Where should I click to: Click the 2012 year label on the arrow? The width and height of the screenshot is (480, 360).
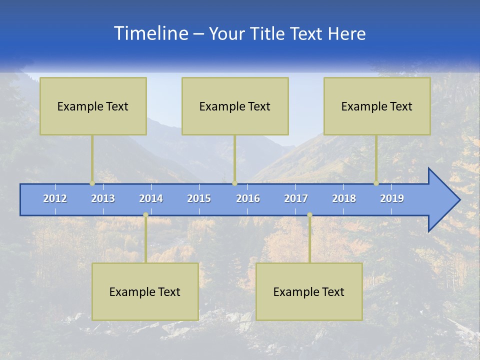click(x=55, y=198)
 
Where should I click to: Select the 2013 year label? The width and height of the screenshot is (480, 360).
click(x=103, y=198)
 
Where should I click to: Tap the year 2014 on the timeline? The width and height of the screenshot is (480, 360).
click(x=151, y=198)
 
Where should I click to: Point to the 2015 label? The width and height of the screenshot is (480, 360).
click(x=199, y=198)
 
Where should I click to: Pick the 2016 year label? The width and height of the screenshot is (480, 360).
click(x=248, y=198)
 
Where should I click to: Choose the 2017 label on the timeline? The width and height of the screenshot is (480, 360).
click(x=296, y=198)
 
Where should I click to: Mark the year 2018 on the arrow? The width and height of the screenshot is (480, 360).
click(x=344, y=198)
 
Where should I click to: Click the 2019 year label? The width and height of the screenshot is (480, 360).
click(x=392, y=198)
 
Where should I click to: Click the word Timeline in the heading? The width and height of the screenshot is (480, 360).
click(x=150, y=33)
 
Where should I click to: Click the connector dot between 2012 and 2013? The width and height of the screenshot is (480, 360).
click(x=92, y=183)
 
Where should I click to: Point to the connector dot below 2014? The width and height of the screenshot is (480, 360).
click(x=145, y=215)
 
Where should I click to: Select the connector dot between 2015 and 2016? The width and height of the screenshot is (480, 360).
click(x=234, y=183)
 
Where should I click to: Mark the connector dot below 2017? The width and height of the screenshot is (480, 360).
click(x=309, y=215)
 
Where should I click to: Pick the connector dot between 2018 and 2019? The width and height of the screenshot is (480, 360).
click(x=376, y=183)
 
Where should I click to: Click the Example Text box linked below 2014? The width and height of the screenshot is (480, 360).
click(x=145, y=291)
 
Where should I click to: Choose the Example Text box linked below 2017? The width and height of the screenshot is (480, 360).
click(x=309, y=291)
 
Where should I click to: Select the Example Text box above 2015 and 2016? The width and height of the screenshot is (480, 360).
click(x=235, y=106)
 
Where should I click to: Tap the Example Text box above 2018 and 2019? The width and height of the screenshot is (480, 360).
click(x=377, y=106)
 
